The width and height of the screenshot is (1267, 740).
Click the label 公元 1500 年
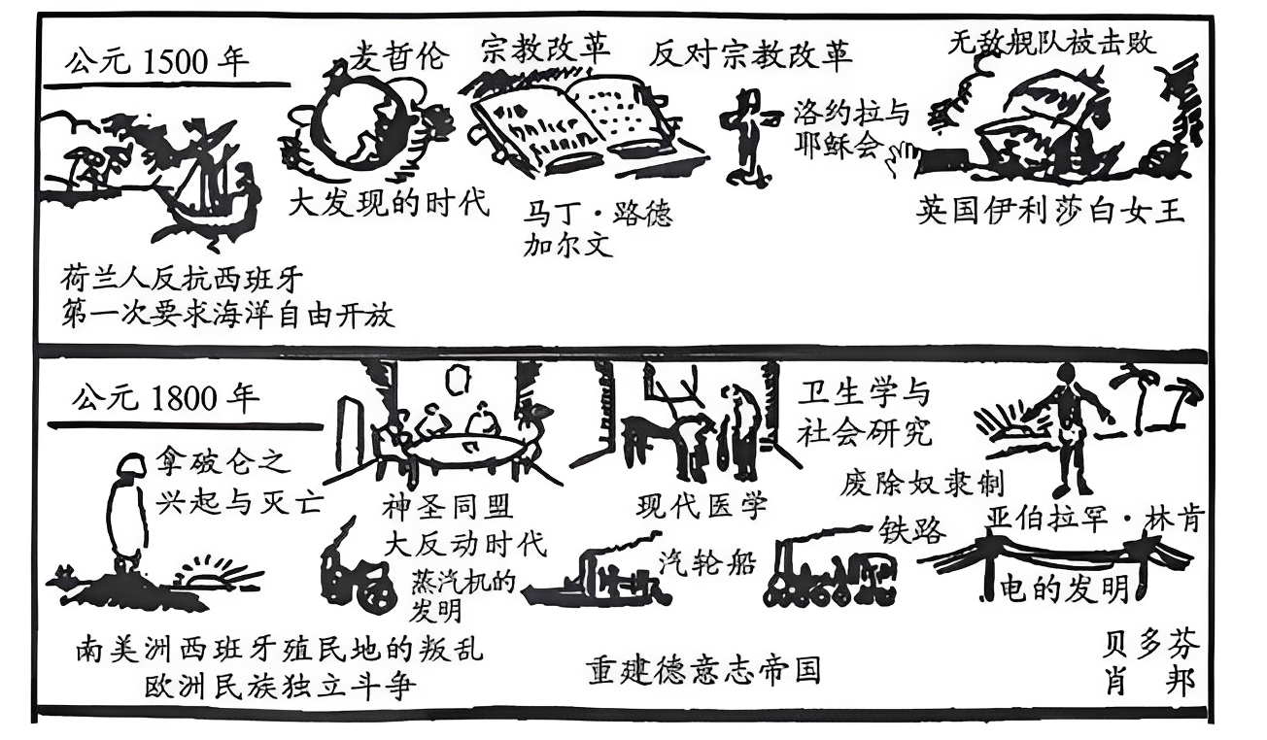point(155,62)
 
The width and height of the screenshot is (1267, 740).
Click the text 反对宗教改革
point(751,54)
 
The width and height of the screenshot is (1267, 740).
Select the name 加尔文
point(568,245)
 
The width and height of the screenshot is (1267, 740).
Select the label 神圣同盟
point(448,506)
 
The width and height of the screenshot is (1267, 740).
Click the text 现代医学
point(702,505)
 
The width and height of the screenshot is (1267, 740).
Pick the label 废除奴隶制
point(922,483)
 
